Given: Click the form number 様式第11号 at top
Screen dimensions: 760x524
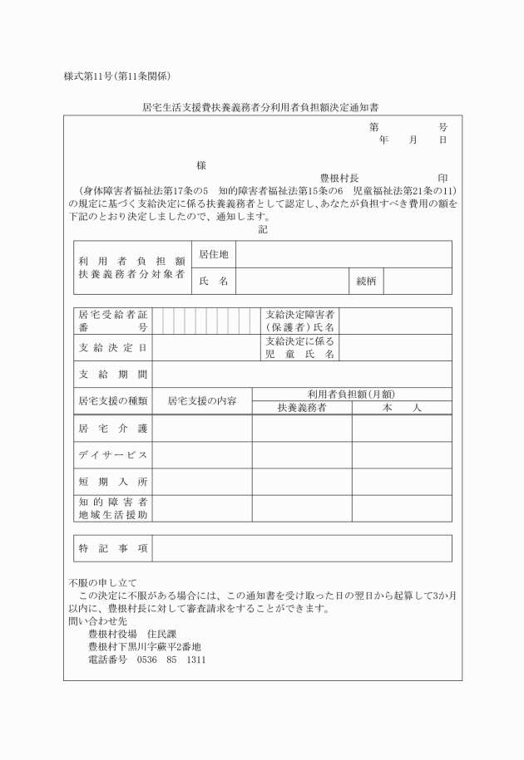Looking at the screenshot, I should click(117, 76).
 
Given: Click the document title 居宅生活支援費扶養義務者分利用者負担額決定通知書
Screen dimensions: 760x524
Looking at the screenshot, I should click(263, 107).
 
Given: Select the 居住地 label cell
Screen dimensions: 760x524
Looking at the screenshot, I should click(214, 253).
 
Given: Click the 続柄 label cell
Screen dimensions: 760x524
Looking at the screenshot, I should click(366, 281).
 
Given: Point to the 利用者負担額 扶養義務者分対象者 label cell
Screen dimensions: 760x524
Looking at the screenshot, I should click(131, 267).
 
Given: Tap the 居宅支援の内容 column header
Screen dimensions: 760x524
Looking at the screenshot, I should click(202, 400).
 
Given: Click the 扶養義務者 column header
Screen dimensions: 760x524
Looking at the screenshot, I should click(302, 408).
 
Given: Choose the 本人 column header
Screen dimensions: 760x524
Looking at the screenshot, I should click(402, 408).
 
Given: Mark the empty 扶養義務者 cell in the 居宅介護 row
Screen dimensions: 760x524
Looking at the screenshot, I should click(302, 429).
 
